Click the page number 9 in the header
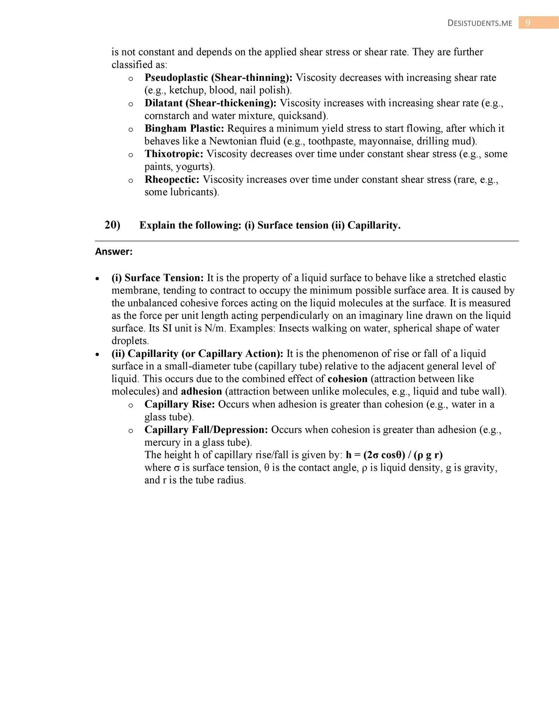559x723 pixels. click(x=528, y=23)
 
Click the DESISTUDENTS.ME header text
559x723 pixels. click(x=480, y=23)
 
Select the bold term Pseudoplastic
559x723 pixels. click(x=176, y=78)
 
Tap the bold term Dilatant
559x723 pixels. click(x=163, y=103)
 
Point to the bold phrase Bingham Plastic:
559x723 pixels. click(x=184, y=128)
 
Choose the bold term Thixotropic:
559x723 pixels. click(x=174, y=154)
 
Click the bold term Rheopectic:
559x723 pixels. click(x=172, y=180)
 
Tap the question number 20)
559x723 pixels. click(x=112, y=225)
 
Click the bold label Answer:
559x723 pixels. click(x=114, y=252)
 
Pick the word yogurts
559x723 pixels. click(x=194, y=167)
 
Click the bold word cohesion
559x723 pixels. click(x=347, y=379)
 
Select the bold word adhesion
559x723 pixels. click(x=201, y=392)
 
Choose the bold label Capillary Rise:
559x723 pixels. click(x=179, y=404)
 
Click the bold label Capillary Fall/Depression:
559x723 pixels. click(x=206, y=430)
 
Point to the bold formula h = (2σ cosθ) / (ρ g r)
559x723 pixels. click(x=394, y=455)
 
